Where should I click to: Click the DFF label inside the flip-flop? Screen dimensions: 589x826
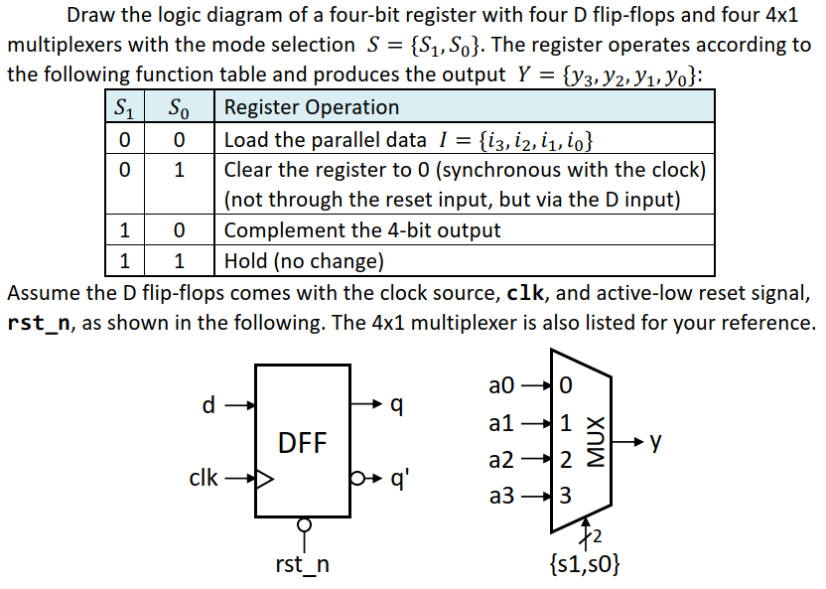302,442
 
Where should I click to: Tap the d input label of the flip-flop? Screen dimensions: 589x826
207,404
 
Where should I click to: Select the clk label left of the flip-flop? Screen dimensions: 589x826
204,479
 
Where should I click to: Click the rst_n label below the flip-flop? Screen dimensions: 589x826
303,565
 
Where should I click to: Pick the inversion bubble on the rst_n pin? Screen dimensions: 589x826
303,523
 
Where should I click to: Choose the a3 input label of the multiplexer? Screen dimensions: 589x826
502,494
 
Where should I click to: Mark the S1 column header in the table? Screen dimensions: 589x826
125,107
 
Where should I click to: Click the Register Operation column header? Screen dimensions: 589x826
312,107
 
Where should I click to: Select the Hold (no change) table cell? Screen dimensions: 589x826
304,261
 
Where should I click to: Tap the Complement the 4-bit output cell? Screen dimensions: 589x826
362,230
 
